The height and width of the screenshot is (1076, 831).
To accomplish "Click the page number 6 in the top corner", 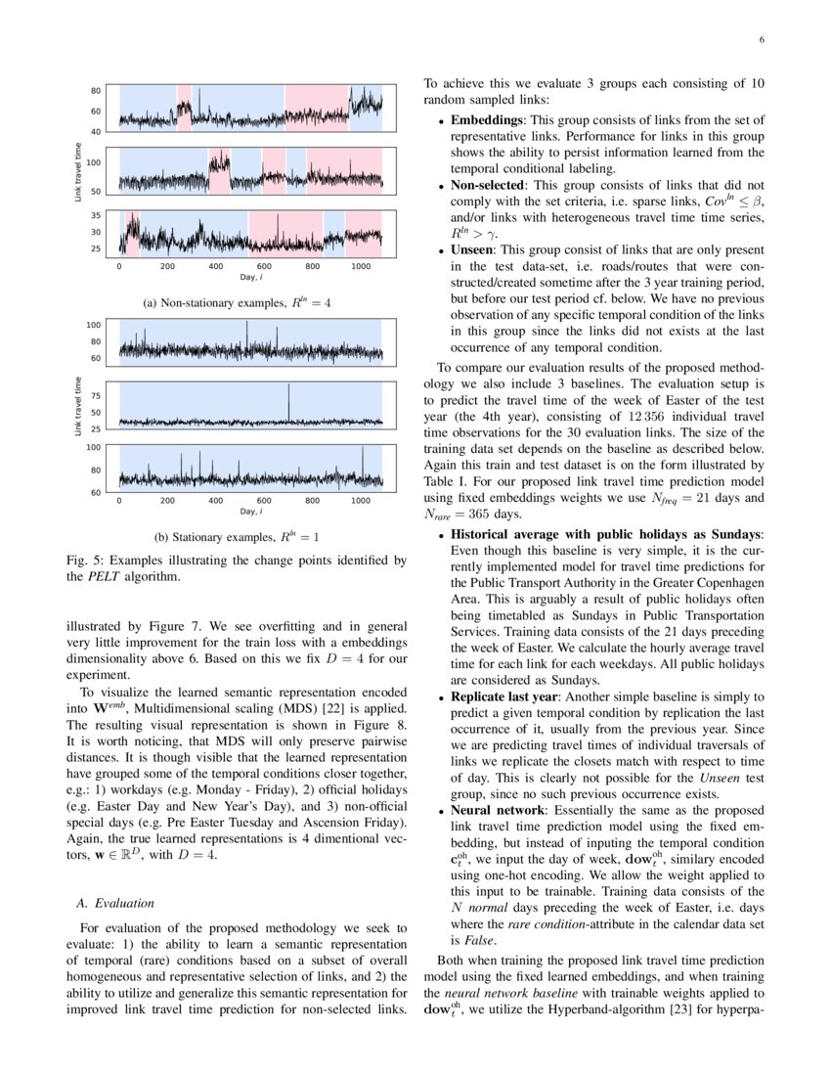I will [x=761, y=40].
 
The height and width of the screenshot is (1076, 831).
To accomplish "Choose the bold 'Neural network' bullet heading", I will [x=498, y=811].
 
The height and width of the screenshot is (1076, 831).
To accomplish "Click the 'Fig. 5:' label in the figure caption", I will [x=81, y=560].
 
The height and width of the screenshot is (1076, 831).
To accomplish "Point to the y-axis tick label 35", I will [x=96, y=214].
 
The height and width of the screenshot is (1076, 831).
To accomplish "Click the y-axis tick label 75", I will [x=96, y=396].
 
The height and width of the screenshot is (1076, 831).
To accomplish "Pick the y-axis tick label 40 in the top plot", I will [x=96, y=131].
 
